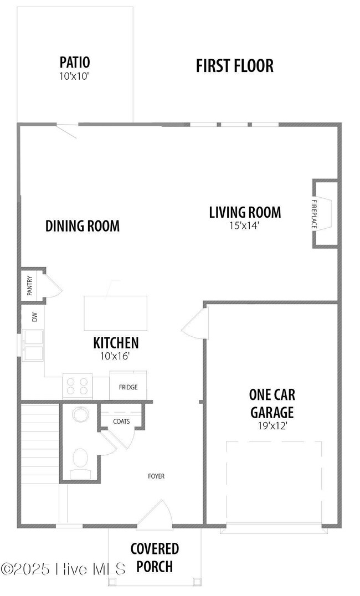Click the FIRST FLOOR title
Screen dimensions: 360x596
(234, 66)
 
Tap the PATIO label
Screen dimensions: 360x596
(75, 62)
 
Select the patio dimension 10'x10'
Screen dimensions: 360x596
(74, 76)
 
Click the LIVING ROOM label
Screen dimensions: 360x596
(245, 212)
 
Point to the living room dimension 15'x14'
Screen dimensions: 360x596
(244, 225)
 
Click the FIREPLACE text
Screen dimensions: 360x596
(314, 214)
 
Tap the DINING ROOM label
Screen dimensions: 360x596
(83, 226)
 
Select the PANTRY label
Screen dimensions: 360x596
(30, 286)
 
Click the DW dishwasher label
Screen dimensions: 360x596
(35, 317)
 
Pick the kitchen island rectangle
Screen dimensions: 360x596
(116, 313)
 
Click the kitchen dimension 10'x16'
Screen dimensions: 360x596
(115, 356)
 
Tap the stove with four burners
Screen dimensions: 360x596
(78, 386)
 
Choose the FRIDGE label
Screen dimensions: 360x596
(128, 387)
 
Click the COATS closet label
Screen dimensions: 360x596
(121, 421)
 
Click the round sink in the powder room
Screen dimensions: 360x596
(80, 414)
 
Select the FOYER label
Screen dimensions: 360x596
(156, 476)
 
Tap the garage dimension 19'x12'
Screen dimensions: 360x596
(272, 426)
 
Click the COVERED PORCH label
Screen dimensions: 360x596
(155, 558)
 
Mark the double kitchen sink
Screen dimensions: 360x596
(33, 345)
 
